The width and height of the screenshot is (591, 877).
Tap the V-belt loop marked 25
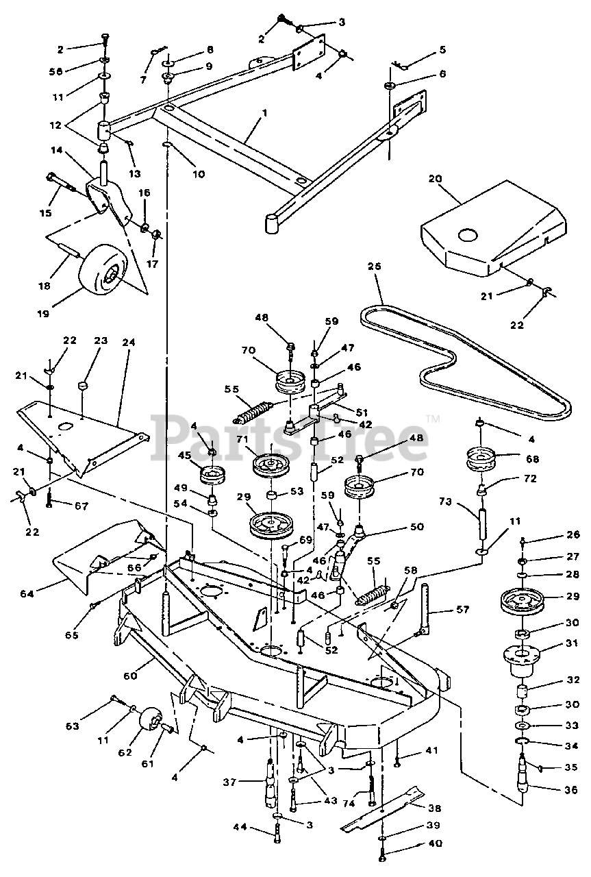pyautogui.click(x=466, y=363)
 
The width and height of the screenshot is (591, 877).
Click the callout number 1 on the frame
pyautogui.click(x=263, y=111)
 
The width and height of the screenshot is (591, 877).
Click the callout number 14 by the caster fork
pyautogui.click(x=55, y=149)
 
